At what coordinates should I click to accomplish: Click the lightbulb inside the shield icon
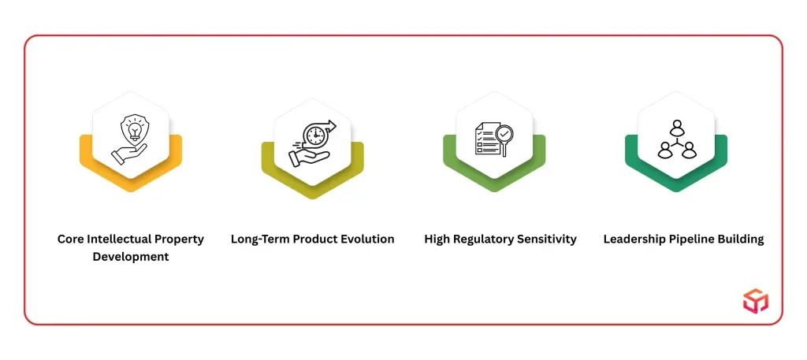tap(135, 131)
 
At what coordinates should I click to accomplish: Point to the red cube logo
tap(755, 301)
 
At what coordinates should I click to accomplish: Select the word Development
tap(131, 257)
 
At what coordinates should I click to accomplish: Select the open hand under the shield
tap(128, 154)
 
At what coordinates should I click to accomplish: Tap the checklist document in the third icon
tap(486, 139)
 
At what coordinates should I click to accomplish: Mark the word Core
tap(69, 239)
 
